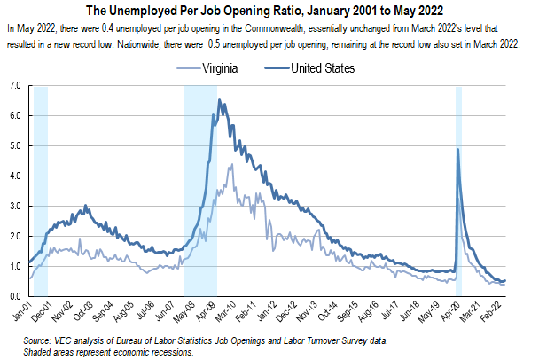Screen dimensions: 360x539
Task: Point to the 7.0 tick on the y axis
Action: click(16, 86)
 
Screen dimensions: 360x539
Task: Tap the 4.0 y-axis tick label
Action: click(16, 176)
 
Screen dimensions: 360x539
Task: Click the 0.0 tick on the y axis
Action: click(16, 296)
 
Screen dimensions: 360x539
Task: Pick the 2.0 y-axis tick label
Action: click(16, 236)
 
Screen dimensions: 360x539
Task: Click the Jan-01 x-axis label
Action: click(19, 313)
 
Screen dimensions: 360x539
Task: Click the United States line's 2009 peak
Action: click(220, 100)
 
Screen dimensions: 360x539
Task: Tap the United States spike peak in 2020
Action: click(457, 149)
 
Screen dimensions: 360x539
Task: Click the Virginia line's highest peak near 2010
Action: click(231, 165)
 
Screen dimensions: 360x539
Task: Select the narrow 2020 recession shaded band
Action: click(459, 222)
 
